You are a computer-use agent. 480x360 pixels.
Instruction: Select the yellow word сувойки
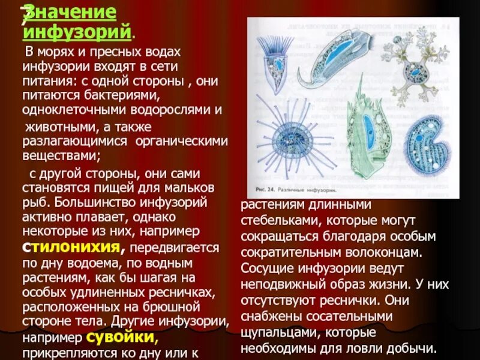[x=122, y=336]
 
